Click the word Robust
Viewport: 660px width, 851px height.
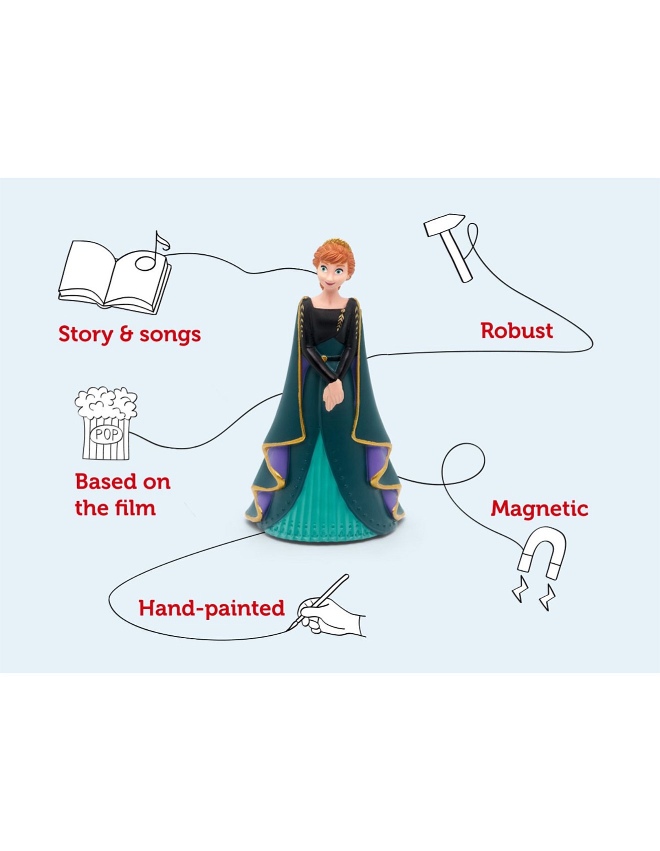[x=516, y=330]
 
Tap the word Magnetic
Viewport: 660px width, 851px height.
[x=539, y=509]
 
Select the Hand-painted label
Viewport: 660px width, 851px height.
[x=211, y=608]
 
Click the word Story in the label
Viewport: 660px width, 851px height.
[x=85, y=334]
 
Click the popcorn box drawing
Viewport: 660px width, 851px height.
[x=106, y=423]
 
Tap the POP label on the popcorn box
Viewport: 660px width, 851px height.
[x=106, y=434]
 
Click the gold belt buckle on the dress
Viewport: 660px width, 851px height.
[x=325, y=358]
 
